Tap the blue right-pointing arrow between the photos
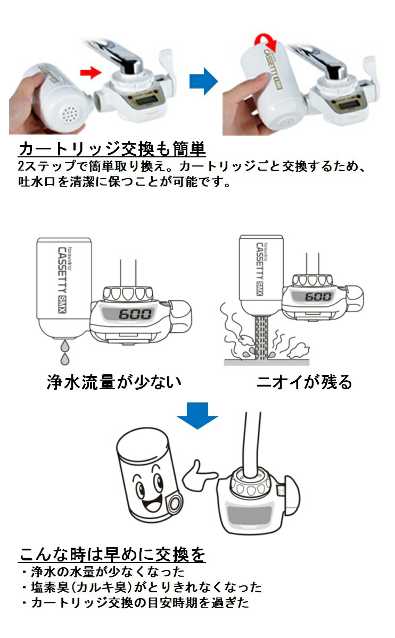click(x=203, y=81)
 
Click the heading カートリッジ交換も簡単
click(x=112, y=148)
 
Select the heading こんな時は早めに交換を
click(x=112, y=555)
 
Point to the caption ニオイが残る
click(x=304, y=382)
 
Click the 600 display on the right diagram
click(x=318, y=296)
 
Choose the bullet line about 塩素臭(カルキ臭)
click(x=141, y=587)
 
